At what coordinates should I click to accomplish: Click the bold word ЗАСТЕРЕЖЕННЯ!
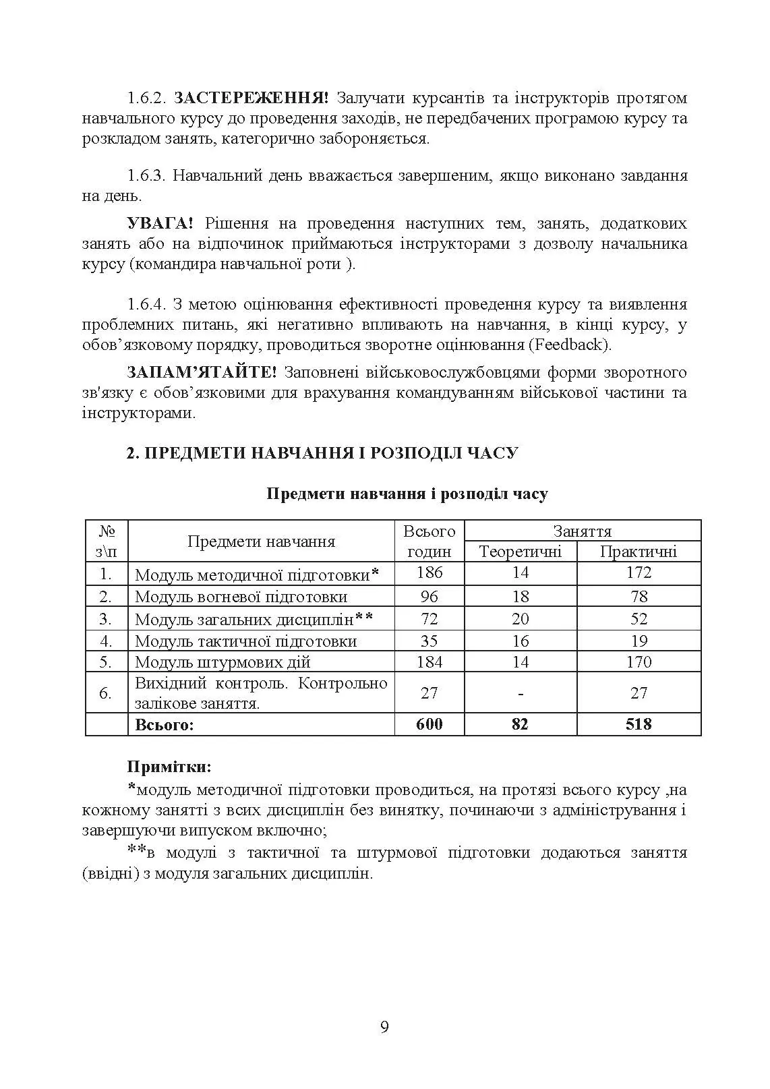tap(251, 98)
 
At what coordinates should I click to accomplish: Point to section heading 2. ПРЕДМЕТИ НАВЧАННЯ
tap(322, 452)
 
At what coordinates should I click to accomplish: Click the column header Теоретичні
tap(520, 552)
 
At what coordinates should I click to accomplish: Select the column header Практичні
tap(638, 552)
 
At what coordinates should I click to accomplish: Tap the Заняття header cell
tap(582, 531)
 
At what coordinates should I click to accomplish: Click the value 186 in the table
tap(429, 572)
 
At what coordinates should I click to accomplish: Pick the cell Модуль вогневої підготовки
tap(241, 596)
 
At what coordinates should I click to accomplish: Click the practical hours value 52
tap(638, 618)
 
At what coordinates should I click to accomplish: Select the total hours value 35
tap(429, 641)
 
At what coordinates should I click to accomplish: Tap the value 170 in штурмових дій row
tap(638, 661)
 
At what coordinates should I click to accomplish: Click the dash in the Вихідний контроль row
tap(520, 693)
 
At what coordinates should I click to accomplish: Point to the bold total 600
tap(429, 724)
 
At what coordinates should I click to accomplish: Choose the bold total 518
tap(638, 724)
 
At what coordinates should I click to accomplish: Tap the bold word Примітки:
tap(169, 767)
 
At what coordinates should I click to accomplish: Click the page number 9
tap(384, 1027)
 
